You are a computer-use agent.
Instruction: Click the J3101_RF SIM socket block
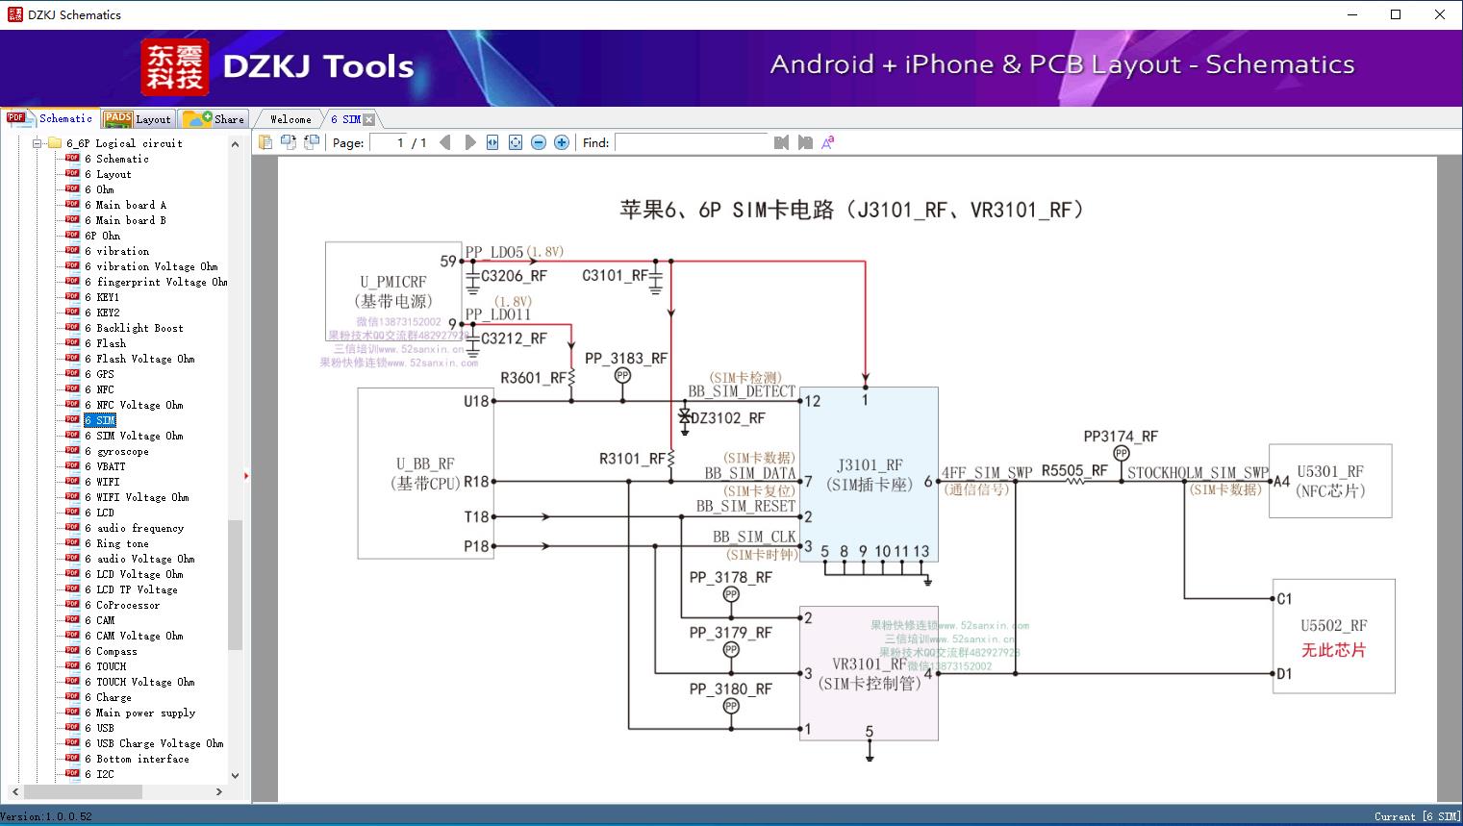click(869, 474)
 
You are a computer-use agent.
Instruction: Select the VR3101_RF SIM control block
click(869, 673)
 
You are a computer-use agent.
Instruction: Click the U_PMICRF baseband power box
click(393, 291)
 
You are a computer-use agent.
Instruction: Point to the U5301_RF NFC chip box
click(1330, 481)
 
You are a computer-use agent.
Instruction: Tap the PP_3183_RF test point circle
click(622, 376)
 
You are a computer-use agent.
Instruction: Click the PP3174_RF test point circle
click(1121, 453)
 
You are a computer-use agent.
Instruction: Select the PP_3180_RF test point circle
click(731, 707)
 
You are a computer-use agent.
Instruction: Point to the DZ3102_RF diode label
click(728, 418)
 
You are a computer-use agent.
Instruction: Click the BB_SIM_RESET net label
click(745, 506)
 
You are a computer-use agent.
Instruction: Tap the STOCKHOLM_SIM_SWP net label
click(1198, 472)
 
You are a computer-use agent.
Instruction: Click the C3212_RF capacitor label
click(514, 338)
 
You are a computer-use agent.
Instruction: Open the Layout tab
click(139, 119)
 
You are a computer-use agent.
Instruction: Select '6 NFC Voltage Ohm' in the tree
click(139, 405)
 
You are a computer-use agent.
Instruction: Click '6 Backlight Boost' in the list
click(139, 328)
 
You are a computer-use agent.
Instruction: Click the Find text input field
click(691, 142)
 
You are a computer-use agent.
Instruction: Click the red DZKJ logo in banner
click(175, 67)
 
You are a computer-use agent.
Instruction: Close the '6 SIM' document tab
click(368, 119)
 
